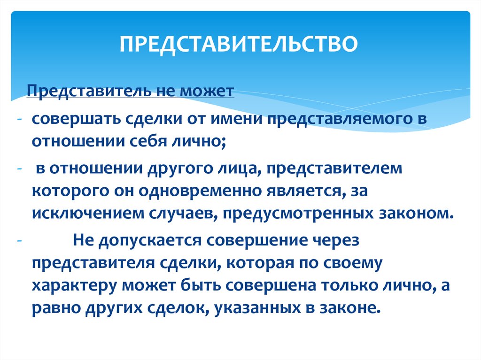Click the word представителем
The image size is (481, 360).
pyautogui.click(x=334, y=169)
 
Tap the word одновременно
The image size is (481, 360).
pyautogui.click(x=200, y=191)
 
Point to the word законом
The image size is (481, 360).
pyautogui.click(x=416, y=213)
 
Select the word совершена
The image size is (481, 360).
pyautogui.click(x=271, y=285)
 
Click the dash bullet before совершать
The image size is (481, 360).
pyautogui.click(x=19, y=119)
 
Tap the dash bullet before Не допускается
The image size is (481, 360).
pyautogui.click(x=19, y=241)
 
